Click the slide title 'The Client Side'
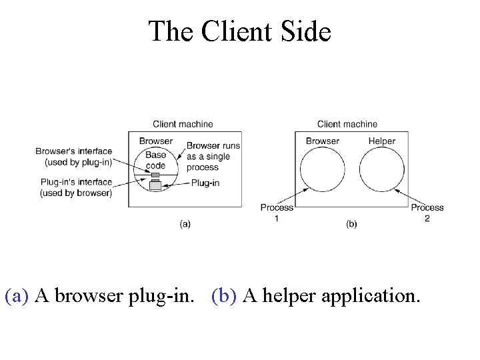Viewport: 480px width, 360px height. click(239, 31)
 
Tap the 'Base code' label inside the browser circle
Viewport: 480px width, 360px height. click(155, 160)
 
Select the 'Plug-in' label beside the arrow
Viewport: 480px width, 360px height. click(205, 183)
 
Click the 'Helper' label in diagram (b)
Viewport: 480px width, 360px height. click(381, 141)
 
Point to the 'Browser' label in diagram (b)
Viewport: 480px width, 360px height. click(322, 141)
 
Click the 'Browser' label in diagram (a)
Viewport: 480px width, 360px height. click(155, 141)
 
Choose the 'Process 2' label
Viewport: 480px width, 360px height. click(427, 213)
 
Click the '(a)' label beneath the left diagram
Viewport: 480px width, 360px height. click(185, 224)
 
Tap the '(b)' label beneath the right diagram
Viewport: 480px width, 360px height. click(351, 224)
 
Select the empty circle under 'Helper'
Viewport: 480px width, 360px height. click(382, 169)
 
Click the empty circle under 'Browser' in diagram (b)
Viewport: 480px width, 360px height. click(323, 169)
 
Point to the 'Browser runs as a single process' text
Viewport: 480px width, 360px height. click(213, 157)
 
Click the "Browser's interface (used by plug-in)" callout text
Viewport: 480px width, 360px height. click(74, 156)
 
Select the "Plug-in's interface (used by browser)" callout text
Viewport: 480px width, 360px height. click(76, 187)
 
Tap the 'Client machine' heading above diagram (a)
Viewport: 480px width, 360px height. click(183, 124)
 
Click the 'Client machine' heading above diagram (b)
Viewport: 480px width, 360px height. click(347, 124)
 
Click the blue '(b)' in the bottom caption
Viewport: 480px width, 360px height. click(225, 295)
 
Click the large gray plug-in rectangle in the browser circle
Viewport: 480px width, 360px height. click(155, 186)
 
